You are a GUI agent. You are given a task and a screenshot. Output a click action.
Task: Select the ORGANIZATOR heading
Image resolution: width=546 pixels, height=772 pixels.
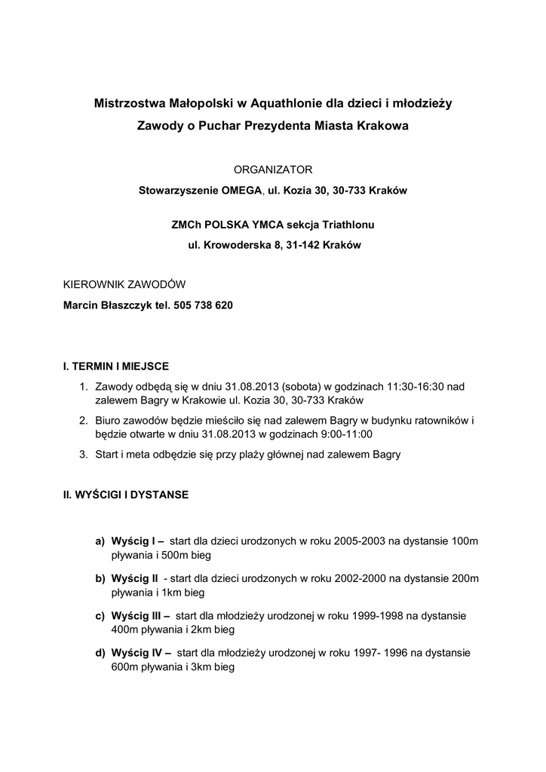[272, 170]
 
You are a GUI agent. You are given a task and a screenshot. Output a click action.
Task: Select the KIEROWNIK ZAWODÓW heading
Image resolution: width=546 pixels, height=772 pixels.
[123, 285]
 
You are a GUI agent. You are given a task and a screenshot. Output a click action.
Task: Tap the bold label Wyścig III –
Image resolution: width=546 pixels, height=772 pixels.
[140, 615]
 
